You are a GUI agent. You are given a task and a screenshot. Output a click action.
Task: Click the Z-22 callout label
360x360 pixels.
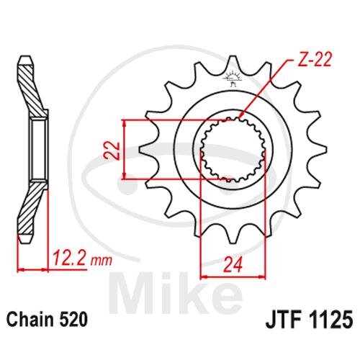pos(314,59)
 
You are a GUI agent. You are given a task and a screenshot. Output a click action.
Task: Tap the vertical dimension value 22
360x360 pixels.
pos(112,150)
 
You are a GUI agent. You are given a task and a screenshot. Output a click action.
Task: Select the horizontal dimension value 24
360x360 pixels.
pos(233,265)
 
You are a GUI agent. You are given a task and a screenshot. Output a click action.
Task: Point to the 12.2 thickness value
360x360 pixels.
pos(69,258)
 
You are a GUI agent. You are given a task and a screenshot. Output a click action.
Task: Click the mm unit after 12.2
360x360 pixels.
pos(101,261)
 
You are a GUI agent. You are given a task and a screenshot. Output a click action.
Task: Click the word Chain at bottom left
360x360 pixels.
pos(30,320)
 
